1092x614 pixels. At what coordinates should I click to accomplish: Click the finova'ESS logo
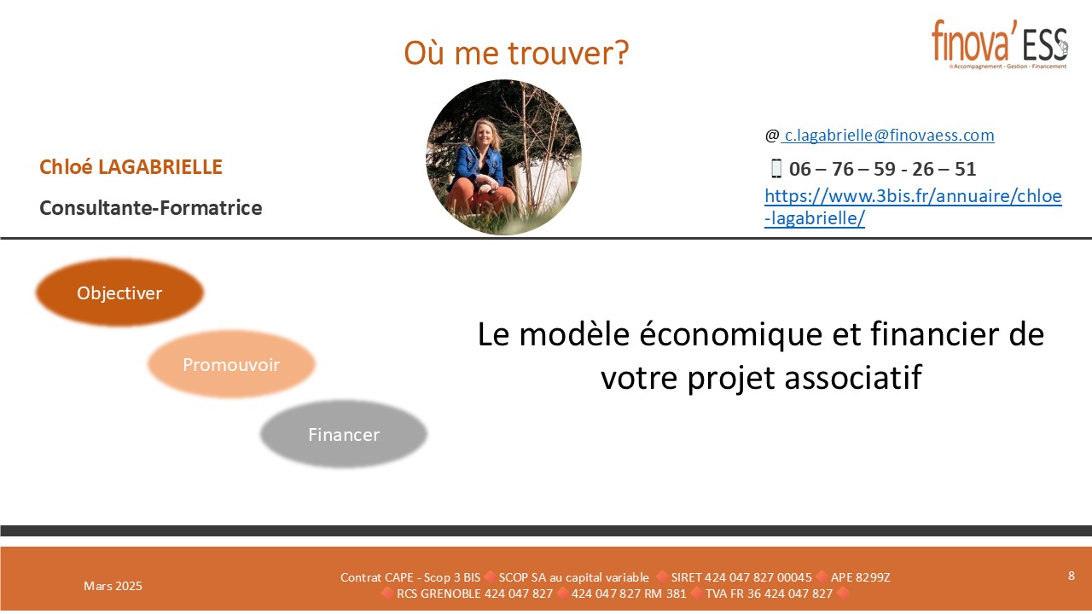pos(999,44)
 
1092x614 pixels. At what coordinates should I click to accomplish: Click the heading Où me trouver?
pos(516,53)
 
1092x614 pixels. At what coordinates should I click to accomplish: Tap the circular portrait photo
pos(503,157)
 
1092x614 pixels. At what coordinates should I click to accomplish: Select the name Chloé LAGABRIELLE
pos(131,167)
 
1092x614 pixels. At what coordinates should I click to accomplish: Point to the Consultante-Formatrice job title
pos(151,208)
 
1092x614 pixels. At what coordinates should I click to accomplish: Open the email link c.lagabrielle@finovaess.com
pos(887,135)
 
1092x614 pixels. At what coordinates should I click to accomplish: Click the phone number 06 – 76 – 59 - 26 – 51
pos(882,169)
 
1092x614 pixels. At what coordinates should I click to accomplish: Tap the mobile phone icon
pos(776,169)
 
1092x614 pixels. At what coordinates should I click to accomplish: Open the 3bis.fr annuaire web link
pos(913,206)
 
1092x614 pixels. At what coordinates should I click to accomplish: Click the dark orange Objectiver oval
pos(119,293)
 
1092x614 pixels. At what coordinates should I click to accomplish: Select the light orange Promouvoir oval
pos(231,364)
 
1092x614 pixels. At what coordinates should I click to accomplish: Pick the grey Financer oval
pos(344,434)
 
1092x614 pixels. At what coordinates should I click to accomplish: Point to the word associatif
pos(853,377)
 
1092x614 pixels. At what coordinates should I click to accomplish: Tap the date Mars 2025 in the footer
pos(113,586)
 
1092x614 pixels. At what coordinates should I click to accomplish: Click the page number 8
pos(1071,576)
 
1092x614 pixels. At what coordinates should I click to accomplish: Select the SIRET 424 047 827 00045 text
pos(741,577)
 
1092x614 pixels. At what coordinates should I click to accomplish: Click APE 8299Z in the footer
pos(861,577)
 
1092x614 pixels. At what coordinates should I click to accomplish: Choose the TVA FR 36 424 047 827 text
pos(769,594)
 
